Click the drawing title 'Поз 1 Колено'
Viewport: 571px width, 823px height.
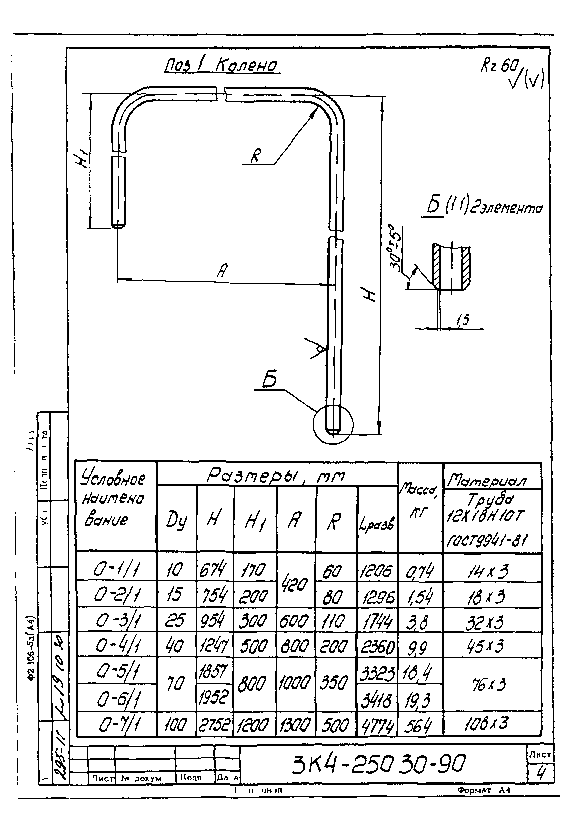coord(222,66)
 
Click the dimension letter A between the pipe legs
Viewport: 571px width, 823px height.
coord(222,270)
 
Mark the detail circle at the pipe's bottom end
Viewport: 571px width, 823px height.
coord(333,425)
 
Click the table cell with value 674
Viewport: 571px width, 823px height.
coord(213,570)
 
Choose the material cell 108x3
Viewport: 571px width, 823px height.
coord(487,724)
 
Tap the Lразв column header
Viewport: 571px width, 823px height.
coord(377,524)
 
